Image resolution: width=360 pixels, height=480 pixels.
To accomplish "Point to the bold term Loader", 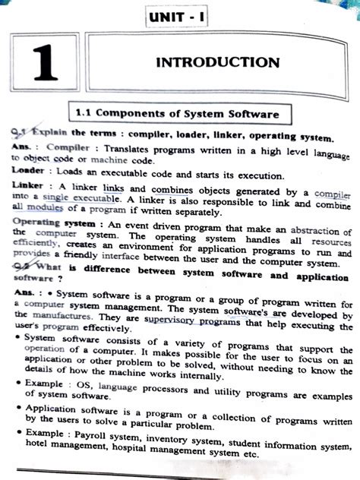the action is pyautogui.click(x=27, y=170).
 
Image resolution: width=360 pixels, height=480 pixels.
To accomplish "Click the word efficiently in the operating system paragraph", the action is pyautogui.click(x=33, y=245).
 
